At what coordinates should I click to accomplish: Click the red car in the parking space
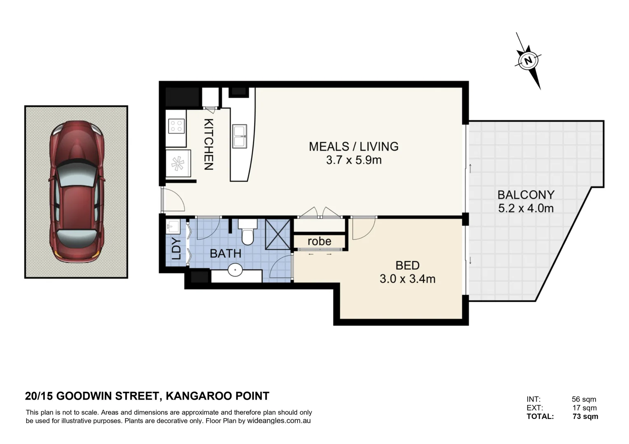coord(76,192)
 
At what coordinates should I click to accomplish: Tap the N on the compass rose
coord(528,61)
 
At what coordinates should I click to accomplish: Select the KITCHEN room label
coord(209,144)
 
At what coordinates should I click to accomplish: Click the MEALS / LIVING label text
coord(354,146)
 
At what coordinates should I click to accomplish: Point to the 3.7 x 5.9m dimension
coord(354,160)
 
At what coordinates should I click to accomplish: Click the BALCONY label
coord(526,194)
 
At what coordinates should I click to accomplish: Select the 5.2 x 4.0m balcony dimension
coord(526,208)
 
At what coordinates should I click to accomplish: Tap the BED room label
coord(407,265)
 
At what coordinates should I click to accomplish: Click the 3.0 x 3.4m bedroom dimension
coord(407,279)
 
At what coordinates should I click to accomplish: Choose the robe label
coord(319,241)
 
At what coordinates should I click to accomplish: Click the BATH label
coord(225,254)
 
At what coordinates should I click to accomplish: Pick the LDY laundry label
coord(176,249)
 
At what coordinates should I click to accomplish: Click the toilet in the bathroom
coord(248,233)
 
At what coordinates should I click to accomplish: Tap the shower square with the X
coord(278,234)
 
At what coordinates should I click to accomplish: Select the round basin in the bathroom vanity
coord(235,271)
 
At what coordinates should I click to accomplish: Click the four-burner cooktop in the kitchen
coord(177,125)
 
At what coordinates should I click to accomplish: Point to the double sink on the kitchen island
coord(239,136)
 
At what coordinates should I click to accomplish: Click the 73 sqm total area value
coord(585,416)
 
